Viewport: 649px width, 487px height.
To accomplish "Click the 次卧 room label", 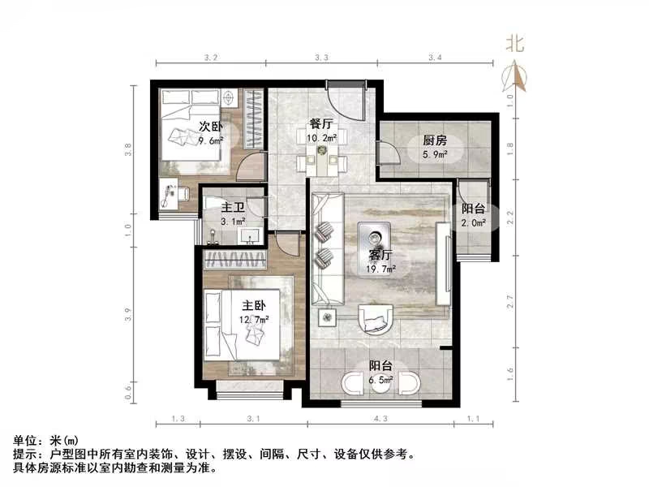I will (211, 126).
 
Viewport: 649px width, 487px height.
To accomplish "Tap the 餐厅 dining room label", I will (322, 124).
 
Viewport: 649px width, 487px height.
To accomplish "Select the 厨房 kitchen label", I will (433, 140).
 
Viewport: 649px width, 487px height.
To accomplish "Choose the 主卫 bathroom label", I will (232, 207).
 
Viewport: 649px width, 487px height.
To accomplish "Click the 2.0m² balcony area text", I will (474, 222).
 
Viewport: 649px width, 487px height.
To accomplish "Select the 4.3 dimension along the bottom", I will (380, 419).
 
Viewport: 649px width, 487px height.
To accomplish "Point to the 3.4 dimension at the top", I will (434, 58).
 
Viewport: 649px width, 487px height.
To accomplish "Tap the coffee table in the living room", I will (376, 236).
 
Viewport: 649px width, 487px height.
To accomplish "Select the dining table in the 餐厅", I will (323, 151).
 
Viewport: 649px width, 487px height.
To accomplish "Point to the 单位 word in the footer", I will (25, 439).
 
